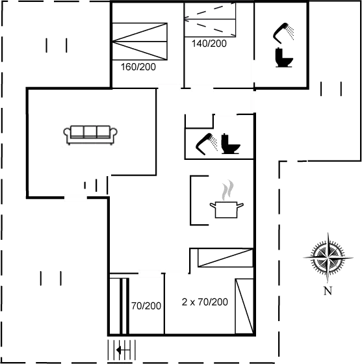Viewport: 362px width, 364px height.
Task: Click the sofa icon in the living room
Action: tap(90, 133)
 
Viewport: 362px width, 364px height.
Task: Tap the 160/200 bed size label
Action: tap(138, 66)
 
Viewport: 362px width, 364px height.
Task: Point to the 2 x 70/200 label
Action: tap(205, 302)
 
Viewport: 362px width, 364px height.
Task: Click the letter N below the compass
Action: tap(328, 290)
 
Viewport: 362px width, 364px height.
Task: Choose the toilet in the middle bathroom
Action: tap(231, 144)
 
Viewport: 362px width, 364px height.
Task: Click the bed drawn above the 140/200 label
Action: tap(209, 19)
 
